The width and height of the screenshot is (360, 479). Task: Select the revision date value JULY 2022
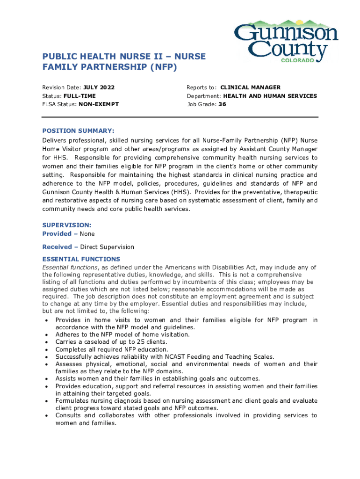[99, 87]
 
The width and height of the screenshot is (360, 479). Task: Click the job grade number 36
[223, 104]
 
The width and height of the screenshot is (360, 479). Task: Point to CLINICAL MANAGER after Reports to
[250, 87]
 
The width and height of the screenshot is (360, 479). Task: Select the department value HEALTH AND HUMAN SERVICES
[270, 96]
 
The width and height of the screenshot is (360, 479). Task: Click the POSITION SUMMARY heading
[78, 131]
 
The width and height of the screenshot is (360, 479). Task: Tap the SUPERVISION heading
[66, 225]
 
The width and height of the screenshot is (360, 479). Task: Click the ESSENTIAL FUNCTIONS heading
[81, 259]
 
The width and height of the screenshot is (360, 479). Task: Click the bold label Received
[57, 247]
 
